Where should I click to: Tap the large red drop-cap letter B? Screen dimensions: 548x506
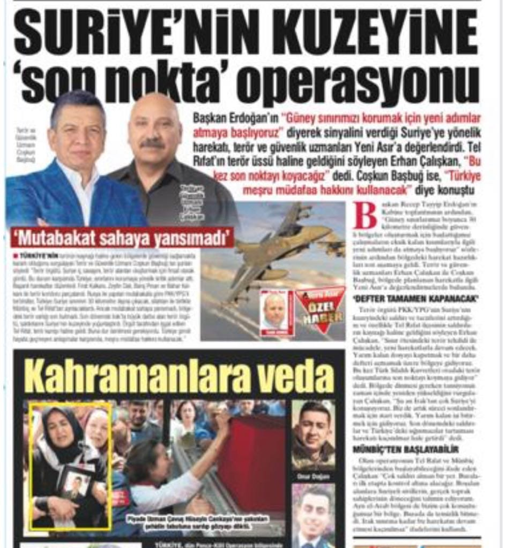tap(364, 217)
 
